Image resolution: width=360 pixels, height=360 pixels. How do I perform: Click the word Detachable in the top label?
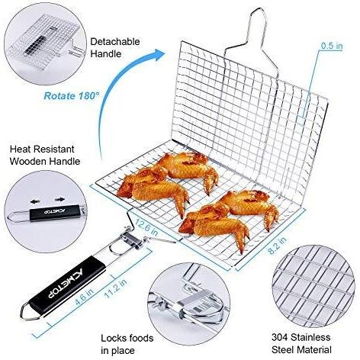[x=119, y=41]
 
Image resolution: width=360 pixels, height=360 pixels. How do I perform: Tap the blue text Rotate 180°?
[x=71, y=96]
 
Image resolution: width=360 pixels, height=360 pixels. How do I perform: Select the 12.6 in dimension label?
[x=146, y=227]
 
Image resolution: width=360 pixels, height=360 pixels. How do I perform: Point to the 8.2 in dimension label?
[x=277, y=246]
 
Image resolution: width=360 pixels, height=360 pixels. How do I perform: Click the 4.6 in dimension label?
[x=84, y=297]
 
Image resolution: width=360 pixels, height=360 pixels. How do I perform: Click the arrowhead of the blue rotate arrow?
[x=158, y=55]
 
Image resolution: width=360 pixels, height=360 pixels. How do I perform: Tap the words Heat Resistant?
[x=42, y=149]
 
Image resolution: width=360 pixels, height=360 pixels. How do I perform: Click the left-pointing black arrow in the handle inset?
[x=35, y=201]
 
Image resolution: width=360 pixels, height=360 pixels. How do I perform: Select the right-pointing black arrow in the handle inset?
[x=59, y=200]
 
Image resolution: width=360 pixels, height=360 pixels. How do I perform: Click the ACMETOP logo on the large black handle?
[x=66, y=283]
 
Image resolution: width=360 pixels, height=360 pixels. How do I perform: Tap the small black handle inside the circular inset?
[x=55, y=213]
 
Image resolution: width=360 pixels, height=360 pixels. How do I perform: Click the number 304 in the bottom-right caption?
[x=280, y=337]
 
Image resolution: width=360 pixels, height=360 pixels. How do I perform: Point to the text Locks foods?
[x=127, y=338]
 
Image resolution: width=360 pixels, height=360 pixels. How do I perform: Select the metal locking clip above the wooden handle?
[x=131, y=240]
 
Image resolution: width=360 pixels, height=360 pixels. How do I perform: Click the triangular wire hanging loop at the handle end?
[x=31, y=312]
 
